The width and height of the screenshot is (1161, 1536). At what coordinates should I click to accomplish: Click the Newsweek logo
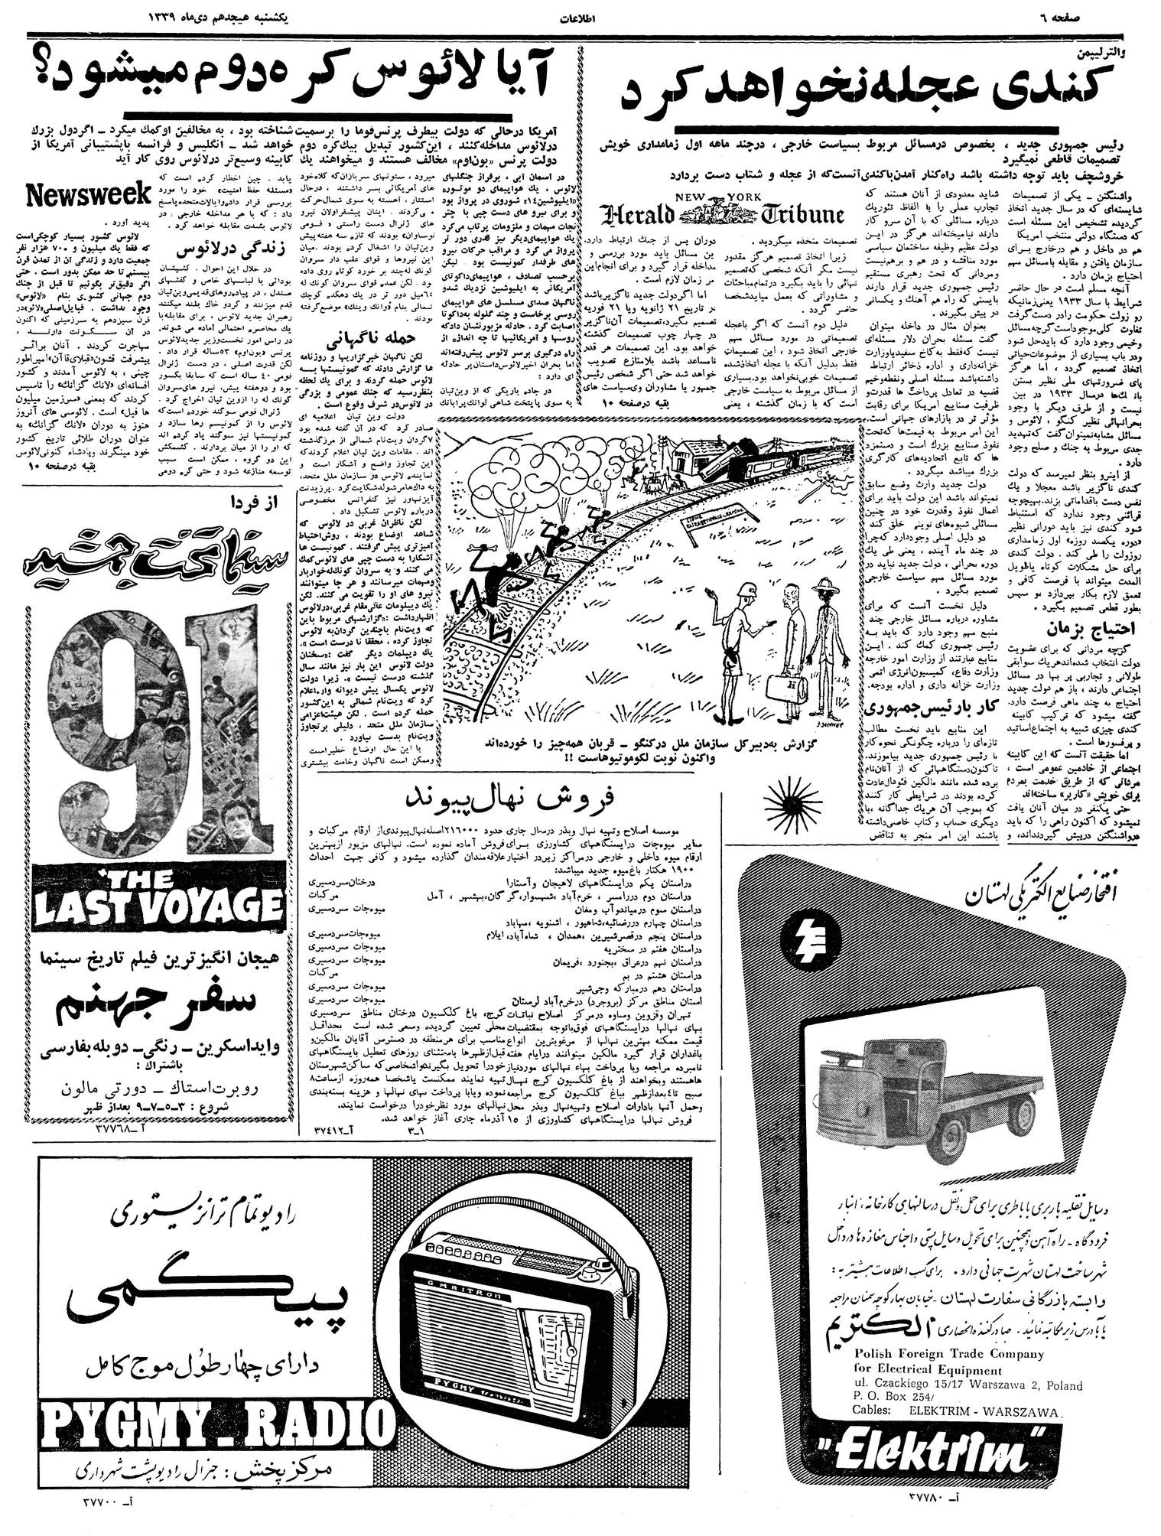click(87, 196)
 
